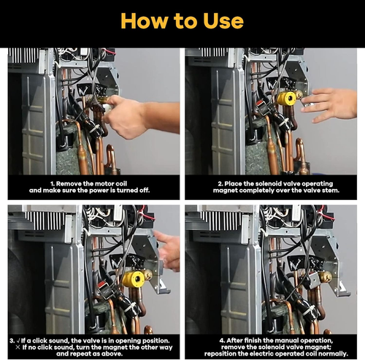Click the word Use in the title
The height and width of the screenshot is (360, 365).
coord(223,20)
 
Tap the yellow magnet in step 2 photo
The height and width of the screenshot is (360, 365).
coord(287,98)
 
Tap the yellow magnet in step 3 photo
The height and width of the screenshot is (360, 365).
coord(134,278)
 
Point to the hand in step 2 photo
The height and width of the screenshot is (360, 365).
coord(331,104)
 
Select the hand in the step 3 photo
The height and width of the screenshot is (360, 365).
coord(169,250)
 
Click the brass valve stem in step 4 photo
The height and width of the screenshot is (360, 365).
coord(326,277)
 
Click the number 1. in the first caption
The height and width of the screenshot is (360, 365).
coord(53,184)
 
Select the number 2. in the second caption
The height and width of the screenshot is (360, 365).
coord(220,184)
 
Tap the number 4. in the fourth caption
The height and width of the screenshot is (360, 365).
coord(223,340)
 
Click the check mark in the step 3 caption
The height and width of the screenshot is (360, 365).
coord(18,340)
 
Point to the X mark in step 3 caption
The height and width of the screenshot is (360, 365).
coord(18,347)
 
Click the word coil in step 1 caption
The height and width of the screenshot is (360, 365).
coord(121,184)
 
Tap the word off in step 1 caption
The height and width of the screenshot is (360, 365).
coord(145,191)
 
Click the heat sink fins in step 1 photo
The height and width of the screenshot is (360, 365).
coord(23,55)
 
